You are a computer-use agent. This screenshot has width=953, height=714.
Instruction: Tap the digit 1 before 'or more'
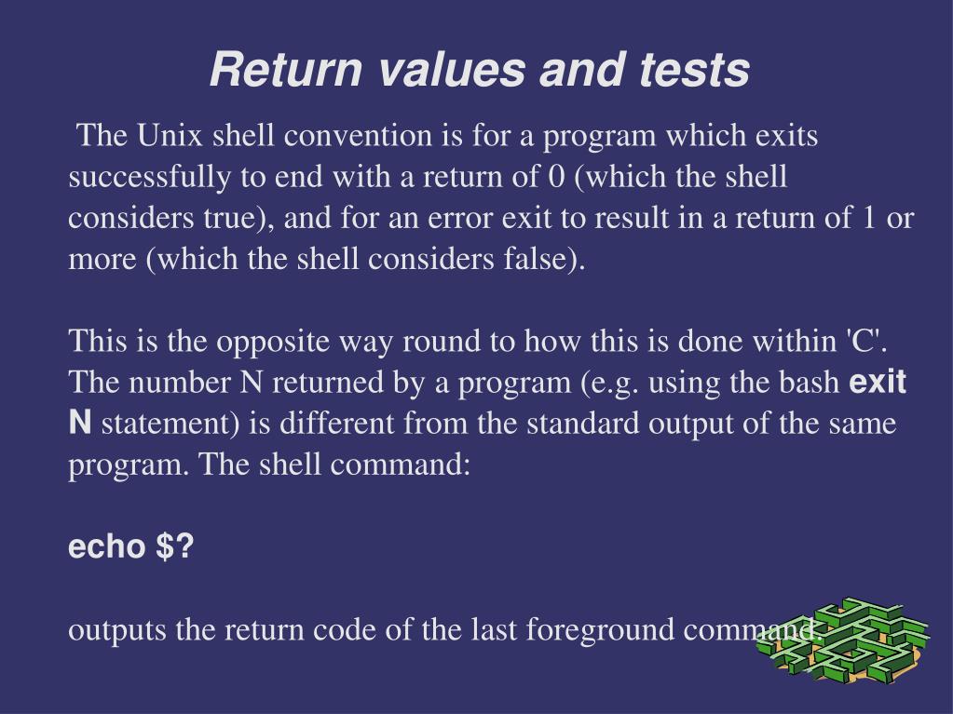point(869,218)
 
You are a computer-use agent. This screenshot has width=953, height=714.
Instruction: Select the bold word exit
point(879,383)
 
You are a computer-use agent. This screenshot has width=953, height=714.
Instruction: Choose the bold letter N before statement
point(80,424)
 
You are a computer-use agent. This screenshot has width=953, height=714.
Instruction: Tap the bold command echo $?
point(131,547)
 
